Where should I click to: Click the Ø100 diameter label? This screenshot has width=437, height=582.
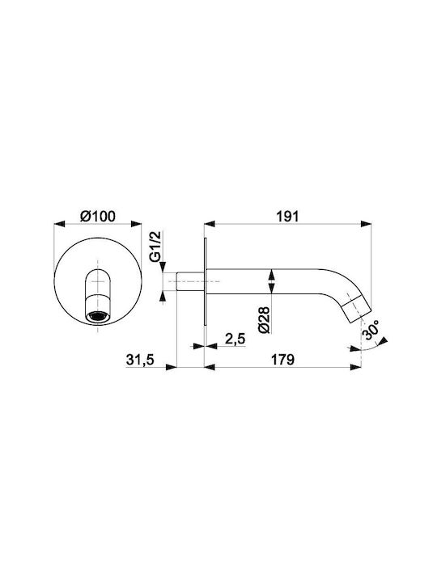98,216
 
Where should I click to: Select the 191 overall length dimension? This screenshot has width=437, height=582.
288,216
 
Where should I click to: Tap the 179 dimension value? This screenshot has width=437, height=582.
282,359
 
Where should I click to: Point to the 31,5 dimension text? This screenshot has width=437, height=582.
140,359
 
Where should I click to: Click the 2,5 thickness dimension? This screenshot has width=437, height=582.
235,339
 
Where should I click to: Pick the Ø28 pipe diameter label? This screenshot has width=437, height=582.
265,318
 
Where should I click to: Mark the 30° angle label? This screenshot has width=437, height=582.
371,330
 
